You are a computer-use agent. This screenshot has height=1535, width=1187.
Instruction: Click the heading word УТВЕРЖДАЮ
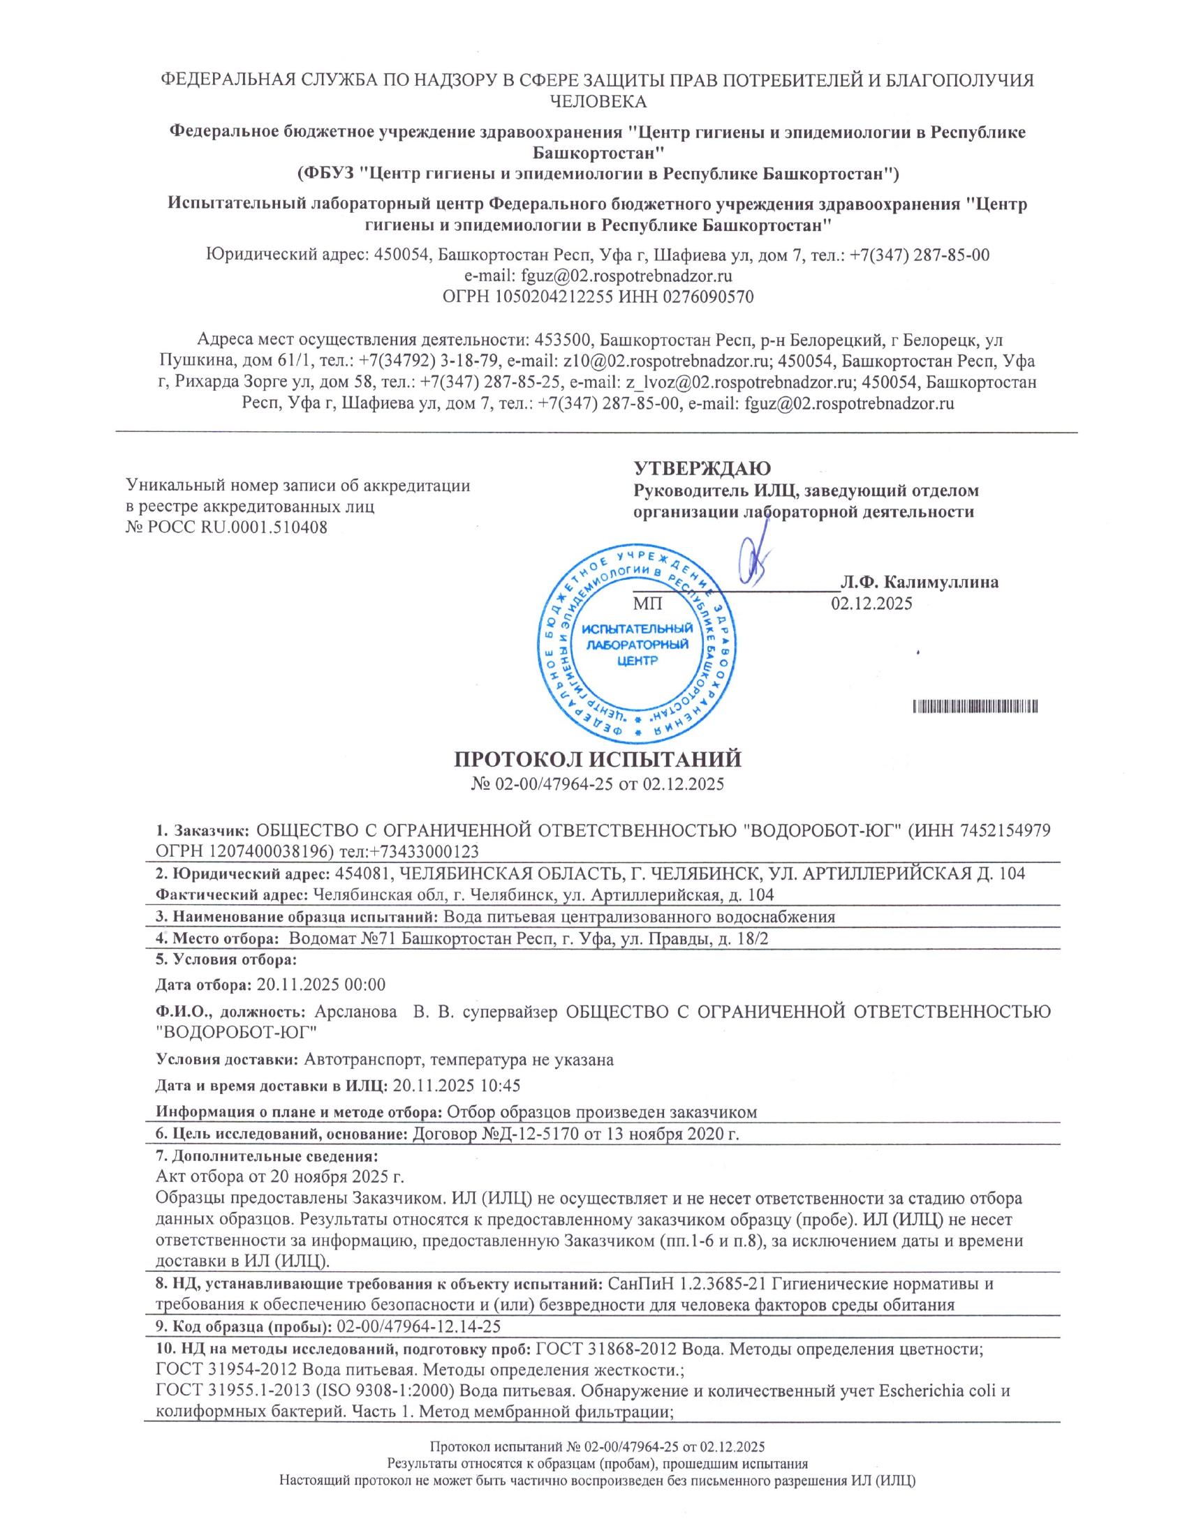[x=702, y=469]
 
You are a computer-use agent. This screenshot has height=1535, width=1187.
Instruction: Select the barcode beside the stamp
[x=977, y=706]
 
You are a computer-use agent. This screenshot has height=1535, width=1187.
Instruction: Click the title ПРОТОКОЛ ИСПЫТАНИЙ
[x=597, y=760]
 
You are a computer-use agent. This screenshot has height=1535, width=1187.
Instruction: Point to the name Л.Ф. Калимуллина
[x=919, y=583]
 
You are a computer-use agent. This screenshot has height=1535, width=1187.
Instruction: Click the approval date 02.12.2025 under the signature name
[x=872, y=603]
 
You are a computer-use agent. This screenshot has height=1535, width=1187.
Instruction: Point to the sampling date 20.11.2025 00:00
[x=321, y=984]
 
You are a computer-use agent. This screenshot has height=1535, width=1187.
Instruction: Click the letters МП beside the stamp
[x=648, y=603]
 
